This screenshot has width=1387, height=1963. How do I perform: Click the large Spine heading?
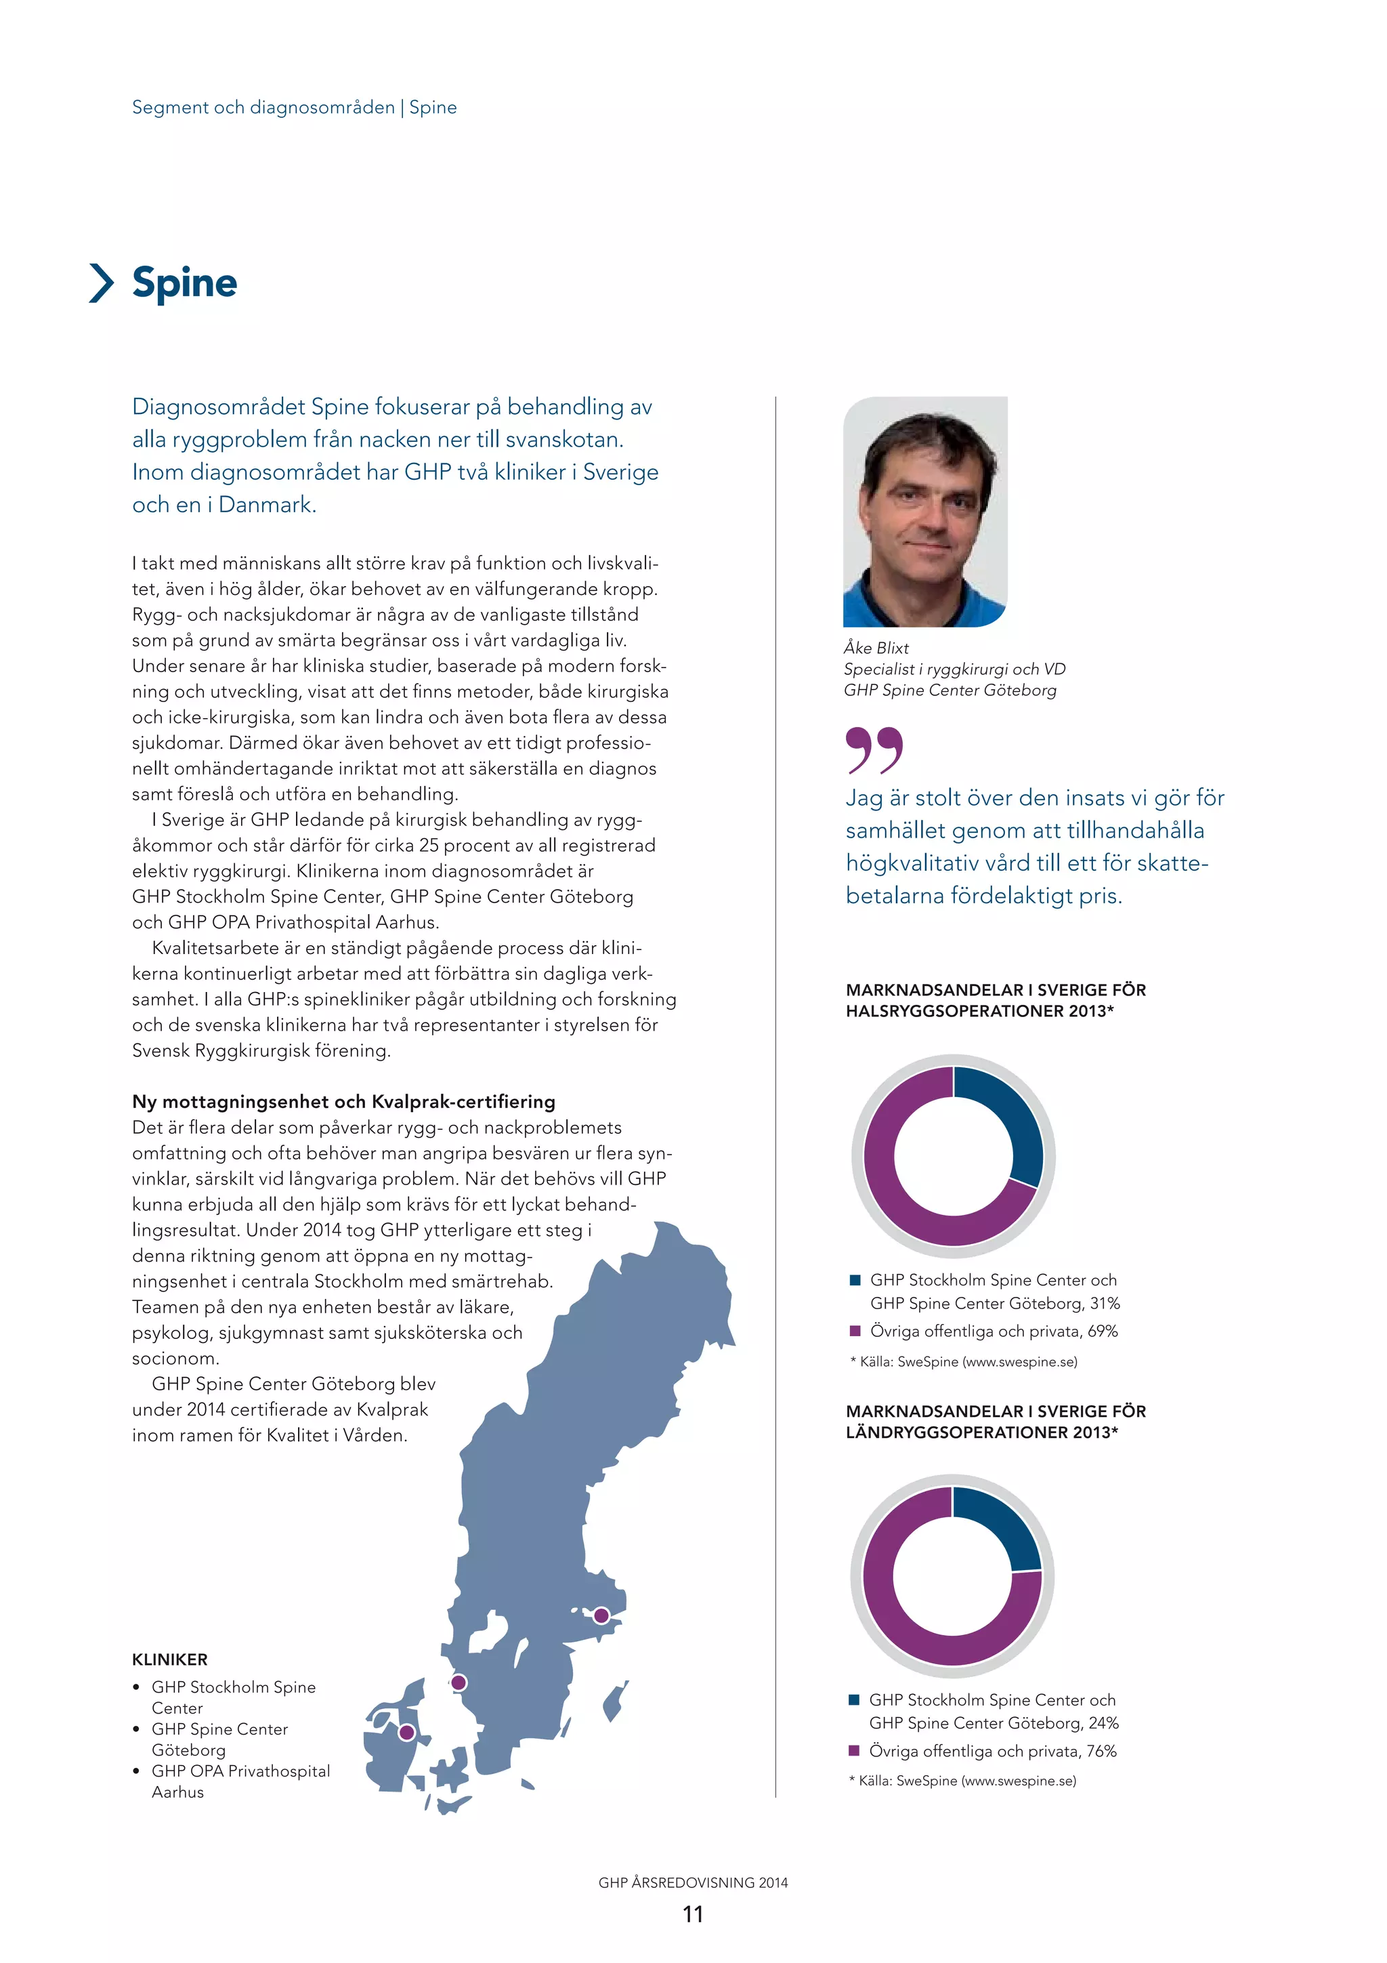click(x=185, y=283)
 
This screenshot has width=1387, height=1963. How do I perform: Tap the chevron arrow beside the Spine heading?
click(x=102, y=283)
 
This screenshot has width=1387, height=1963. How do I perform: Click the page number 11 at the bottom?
click(x=693, y=1914)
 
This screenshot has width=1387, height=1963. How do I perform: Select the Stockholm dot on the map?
click(x=601, y=1615)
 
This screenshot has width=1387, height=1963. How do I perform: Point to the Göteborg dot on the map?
click(x=458, y=1682)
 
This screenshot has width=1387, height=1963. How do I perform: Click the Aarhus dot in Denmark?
click(x=407, y=1732)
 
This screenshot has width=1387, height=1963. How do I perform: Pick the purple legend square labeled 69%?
click(x=854, y=1330)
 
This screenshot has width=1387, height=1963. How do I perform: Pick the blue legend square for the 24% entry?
click(x=853, y=1699)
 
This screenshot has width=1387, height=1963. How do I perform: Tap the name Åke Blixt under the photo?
click(x=876, y=648)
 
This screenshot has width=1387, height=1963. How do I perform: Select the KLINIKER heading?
click(x=169, y=1659)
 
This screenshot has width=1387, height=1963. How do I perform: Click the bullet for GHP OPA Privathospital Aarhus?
click(x=137, y=1771)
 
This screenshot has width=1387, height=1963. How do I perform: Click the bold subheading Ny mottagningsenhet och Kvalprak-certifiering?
click(x=343, y=1101)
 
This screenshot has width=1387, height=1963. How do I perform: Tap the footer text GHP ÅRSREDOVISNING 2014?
click(x=693, y=1882)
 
